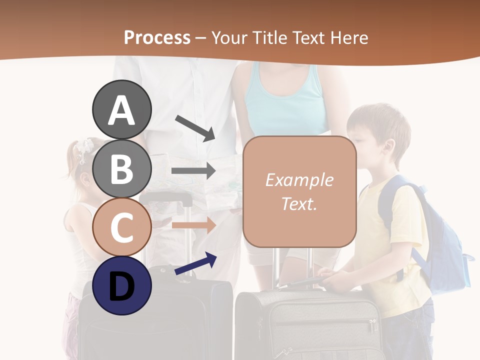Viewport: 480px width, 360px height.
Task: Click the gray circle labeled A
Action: [121, 109]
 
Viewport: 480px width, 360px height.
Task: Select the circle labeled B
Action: [121, 168]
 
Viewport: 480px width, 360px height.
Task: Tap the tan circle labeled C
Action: [121, 227]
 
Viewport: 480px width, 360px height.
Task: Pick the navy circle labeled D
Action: [121, 285]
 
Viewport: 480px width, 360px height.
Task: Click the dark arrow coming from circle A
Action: [195, 127]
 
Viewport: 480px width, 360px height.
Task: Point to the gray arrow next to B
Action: [193, 171]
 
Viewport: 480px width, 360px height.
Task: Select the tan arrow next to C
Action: [193, 224]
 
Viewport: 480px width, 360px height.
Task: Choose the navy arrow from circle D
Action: [195, 263]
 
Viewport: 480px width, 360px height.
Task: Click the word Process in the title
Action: [157, 37]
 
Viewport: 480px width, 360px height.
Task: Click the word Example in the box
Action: [299, 180]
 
